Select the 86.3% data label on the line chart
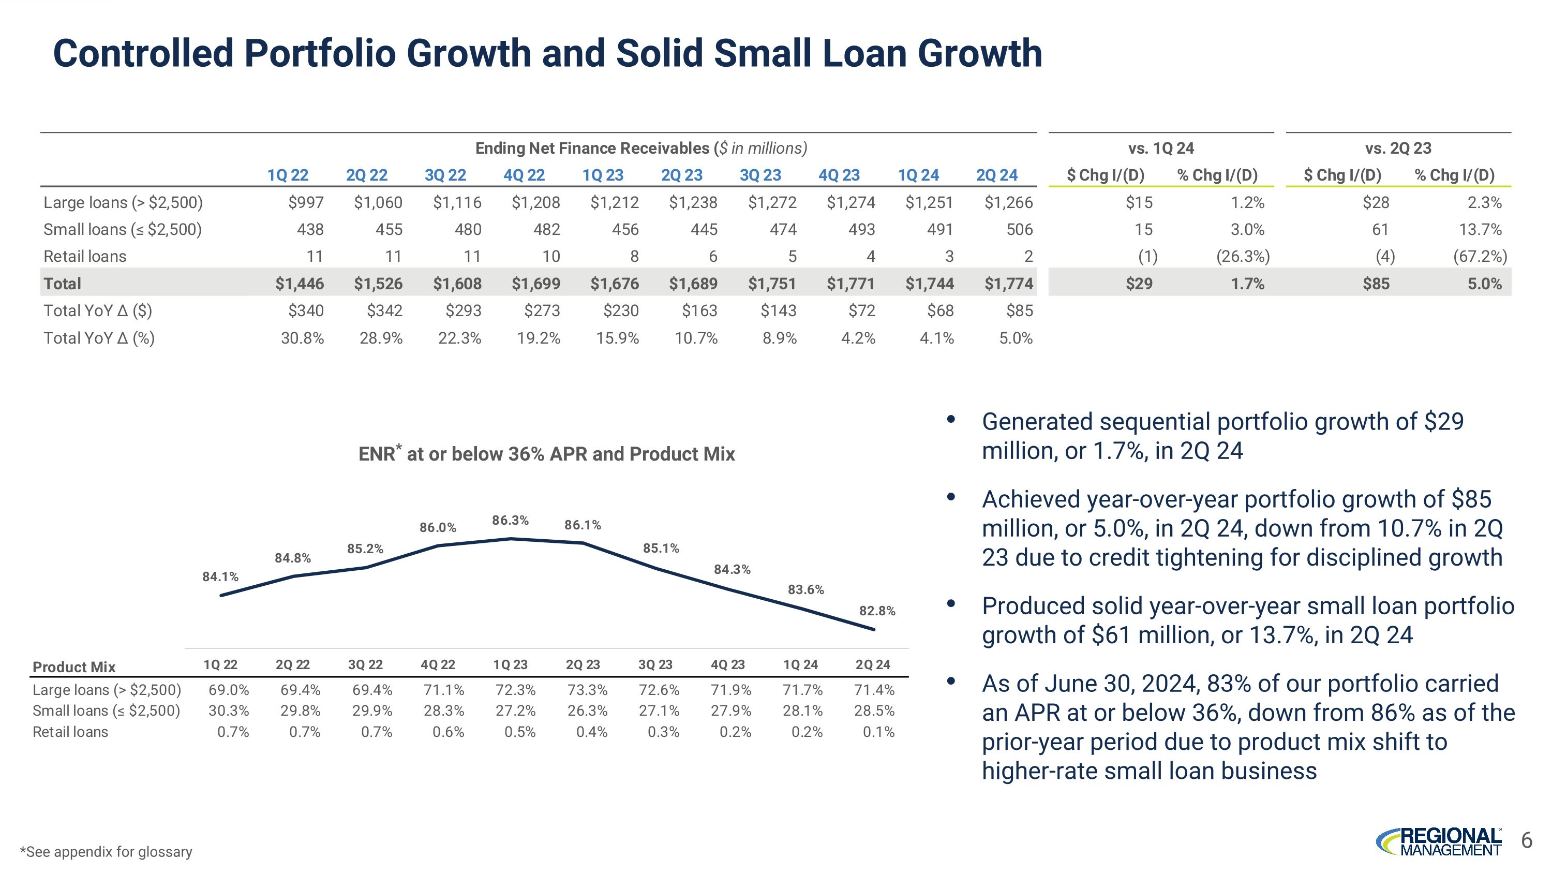[510, 521]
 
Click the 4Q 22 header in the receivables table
[524, 175]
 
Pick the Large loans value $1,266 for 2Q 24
[1009, 202]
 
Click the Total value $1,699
[535, 284]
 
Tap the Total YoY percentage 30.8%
[303, 338]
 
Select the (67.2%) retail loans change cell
[1480, 257]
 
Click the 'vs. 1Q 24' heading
[1161, 148]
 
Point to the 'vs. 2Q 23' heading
[1398, 148]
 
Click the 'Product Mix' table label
[74, 667]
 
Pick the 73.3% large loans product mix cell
[587, 690]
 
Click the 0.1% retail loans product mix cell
[878, 732]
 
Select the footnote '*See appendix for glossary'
[106, 851]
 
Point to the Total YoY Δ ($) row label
[98, 311]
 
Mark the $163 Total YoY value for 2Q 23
[699, 311]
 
